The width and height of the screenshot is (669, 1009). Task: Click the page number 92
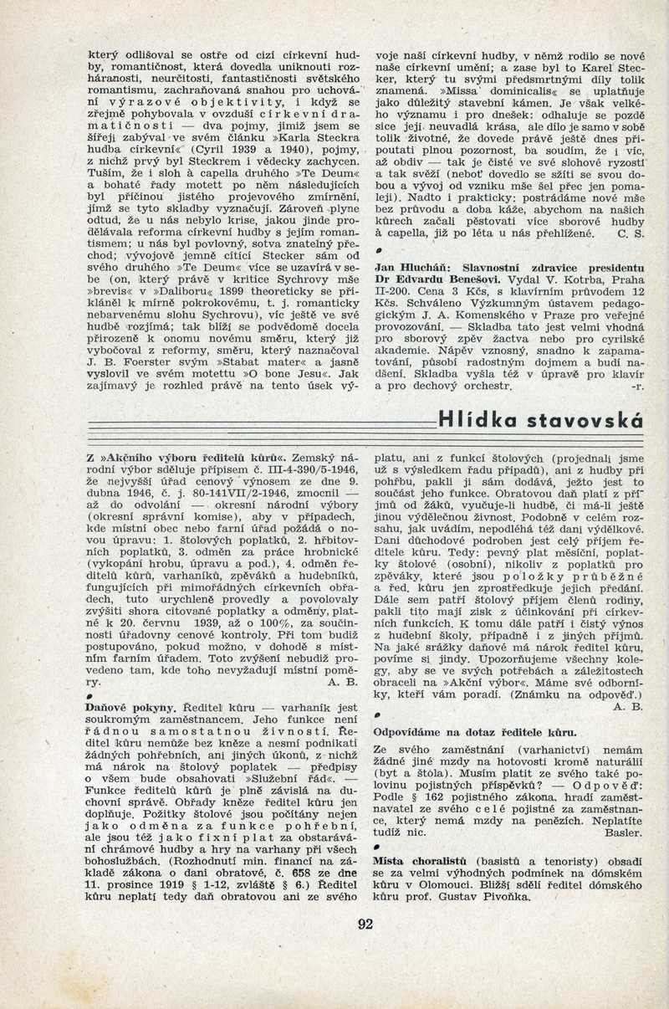click(x=365, y=924)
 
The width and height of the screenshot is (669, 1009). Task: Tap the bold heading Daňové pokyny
click(x=123, y=707)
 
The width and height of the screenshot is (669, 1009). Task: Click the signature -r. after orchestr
click(x=636, y=387)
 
